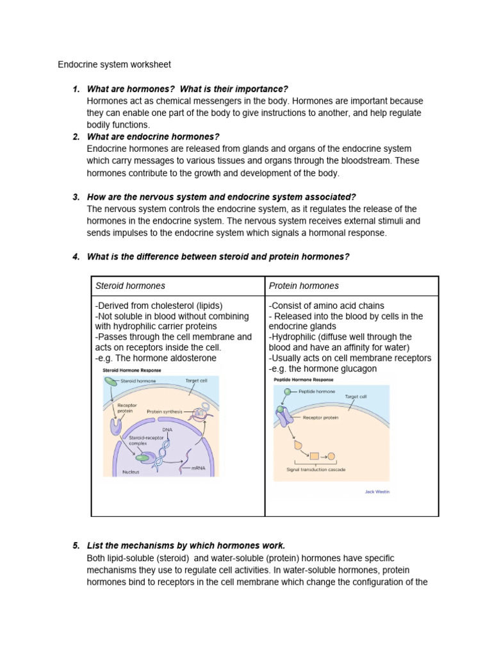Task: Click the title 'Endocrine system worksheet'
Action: click(x=114, y=65)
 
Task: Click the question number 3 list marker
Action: click(x=76, y=197)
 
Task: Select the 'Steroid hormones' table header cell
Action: click(x=130, y=286)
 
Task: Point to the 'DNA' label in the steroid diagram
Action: click(x=167, y=430)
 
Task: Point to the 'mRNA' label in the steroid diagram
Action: click(x=197, y=468)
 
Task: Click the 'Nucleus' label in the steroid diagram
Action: click(x=131, y=472)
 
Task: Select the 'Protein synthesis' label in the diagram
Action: click(x=164, y=411)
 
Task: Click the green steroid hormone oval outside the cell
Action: click(x=110, y=381)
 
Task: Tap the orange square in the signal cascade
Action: click(x=314, y=457)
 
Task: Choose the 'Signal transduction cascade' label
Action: click(x=316, y=470)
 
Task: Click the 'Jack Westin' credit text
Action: click(x=377, y=492)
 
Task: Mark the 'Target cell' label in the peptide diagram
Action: click(x=356, y=397)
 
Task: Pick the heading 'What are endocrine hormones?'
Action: click(x=153, y=136)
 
